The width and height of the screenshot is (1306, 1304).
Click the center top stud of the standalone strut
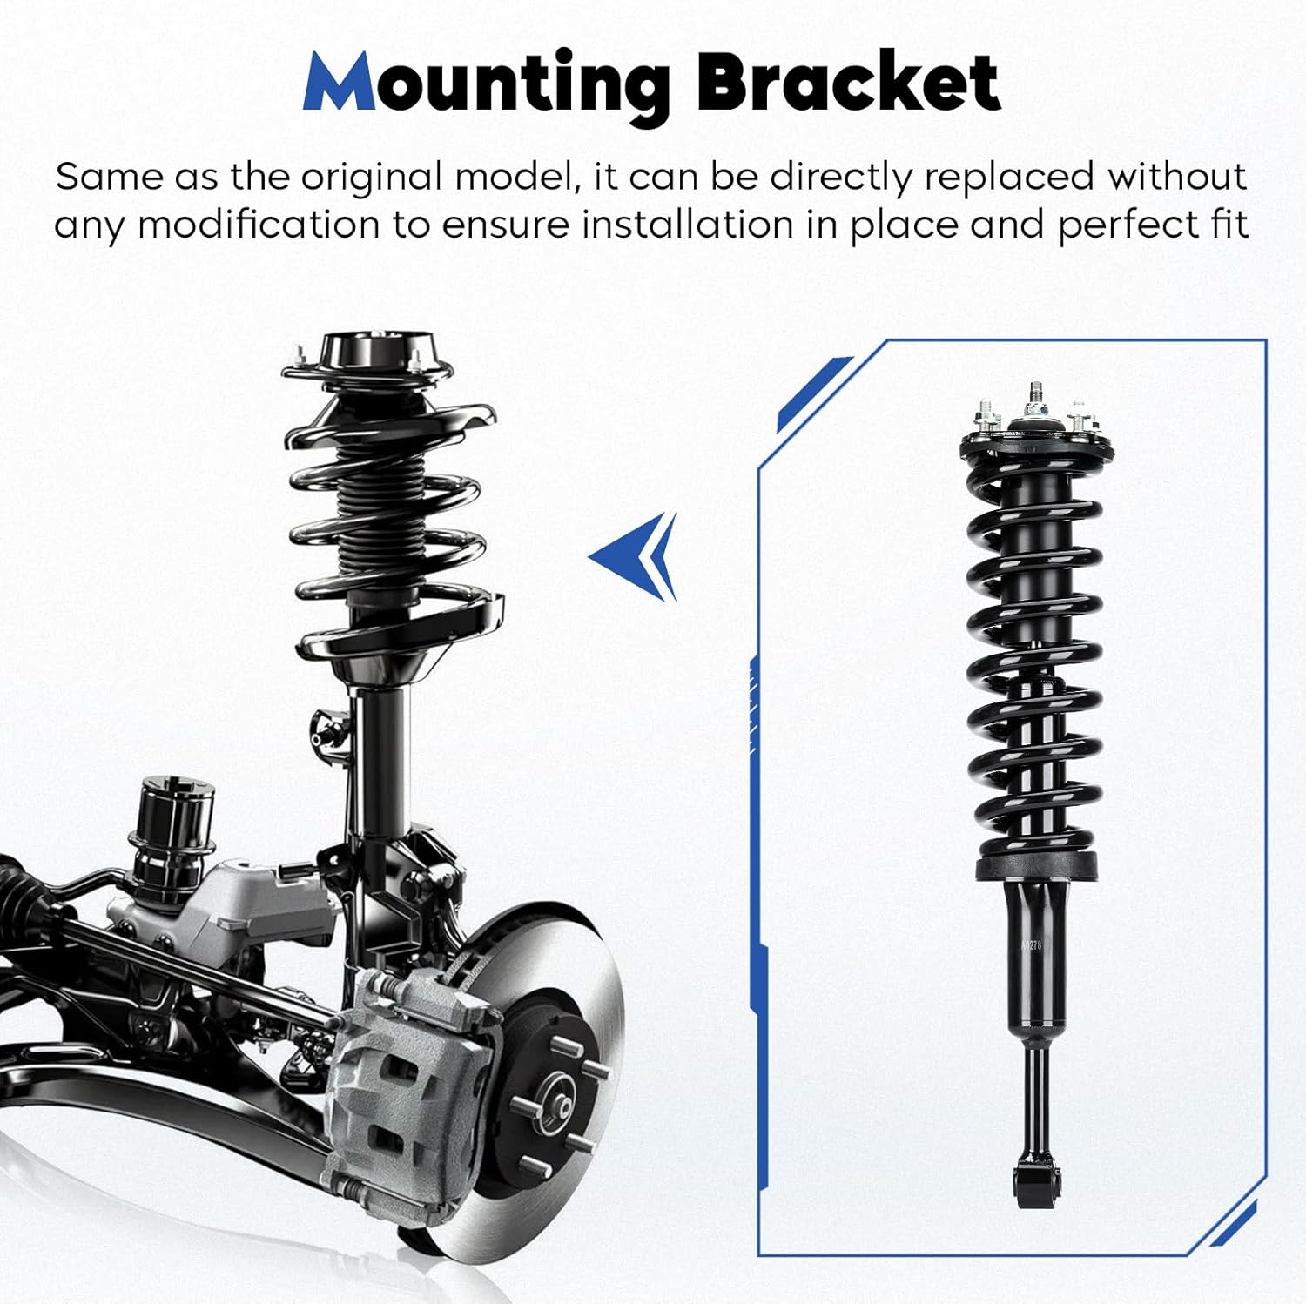(1035, 396)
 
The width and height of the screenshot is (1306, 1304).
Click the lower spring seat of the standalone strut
(1035, 865)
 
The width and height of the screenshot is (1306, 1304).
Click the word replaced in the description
(1008, 177)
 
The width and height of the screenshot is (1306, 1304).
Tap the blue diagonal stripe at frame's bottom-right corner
(1233, 1223)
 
